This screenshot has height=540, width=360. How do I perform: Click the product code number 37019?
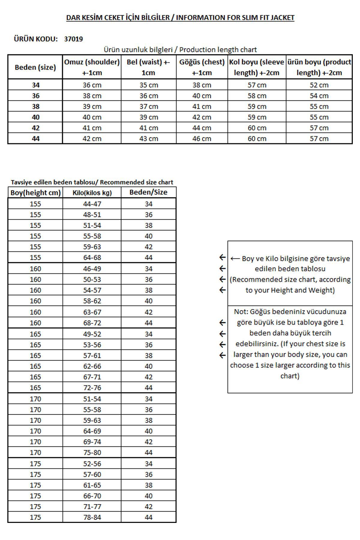73,39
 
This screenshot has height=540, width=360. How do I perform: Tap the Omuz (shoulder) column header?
92,67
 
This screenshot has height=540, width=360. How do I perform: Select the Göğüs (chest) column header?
202,67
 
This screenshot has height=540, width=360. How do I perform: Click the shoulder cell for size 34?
92,85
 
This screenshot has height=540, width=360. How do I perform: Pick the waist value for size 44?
148,139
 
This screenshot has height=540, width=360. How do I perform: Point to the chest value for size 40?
202,117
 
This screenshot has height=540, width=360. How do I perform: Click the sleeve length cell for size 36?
257,96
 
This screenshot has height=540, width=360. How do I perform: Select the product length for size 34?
319,85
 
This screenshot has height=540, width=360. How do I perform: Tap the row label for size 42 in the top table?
35,128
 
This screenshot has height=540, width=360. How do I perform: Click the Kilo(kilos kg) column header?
92,193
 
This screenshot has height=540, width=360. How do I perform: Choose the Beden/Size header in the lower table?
148,192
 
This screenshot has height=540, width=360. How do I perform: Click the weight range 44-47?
92,204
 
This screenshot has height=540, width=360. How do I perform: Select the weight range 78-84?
92,517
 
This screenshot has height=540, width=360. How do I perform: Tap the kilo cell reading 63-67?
92,312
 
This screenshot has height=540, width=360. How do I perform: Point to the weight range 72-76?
92,388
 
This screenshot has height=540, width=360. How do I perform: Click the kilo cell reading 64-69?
92,431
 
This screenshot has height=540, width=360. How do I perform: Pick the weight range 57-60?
92,474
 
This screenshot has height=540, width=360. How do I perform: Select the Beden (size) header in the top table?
35,67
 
